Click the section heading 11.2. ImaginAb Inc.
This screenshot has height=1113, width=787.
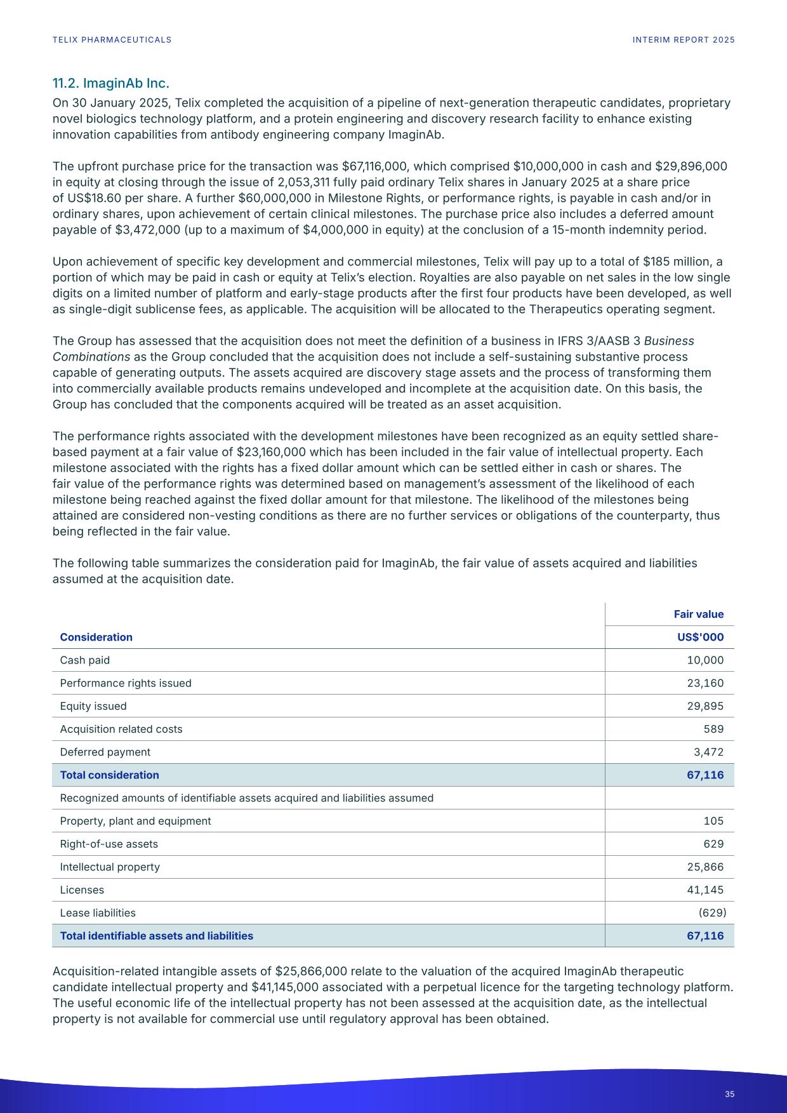point(110,83)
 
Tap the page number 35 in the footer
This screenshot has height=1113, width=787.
point(729,1094)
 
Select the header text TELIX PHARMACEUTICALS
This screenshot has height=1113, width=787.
point(112,40)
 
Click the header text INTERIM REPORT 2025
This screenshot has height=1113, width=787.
point(684,40)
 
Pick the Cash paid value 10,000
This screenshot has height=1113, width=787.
point(705,660)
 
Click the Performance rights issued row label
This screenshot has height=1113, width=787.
point(125,683)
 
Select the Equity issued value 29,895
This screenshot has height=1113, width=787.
point(705,706)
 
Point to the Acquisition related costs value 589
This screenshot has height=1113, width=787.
point(713,729)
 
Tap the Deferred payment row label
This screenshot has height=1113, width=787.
point(105,752)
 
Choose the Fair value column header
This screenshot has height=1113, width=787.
point(698,614)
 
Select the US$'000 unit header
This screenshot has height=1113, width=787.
point(701,637)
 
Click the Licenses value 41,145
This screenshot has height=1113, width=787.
point(705,890)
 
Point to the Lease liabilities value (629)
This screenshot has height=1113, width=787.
point(712,912)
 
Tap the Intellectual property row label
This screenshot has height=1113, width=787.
point(110,867)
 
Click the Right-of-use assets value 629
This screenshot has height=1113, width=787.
point(713,844)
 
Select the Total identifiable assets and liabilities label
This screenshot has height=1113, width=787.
point(156,936)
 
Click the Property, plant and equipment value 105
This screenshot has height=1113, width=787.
point(713,821)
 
